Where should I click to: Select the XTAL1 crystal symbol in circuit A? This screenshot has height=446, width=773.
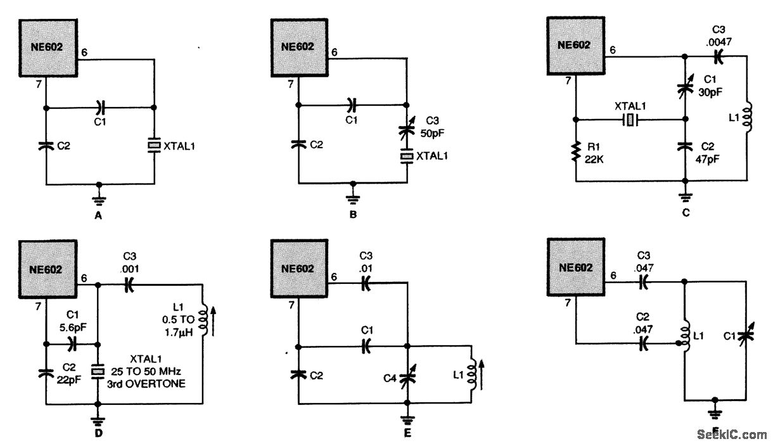[154, 146]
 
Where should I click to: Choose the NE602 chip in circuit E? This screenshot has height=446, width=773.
[299, 268]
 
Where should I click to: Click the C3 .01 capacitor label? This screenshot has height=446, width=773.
[366, 262]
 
